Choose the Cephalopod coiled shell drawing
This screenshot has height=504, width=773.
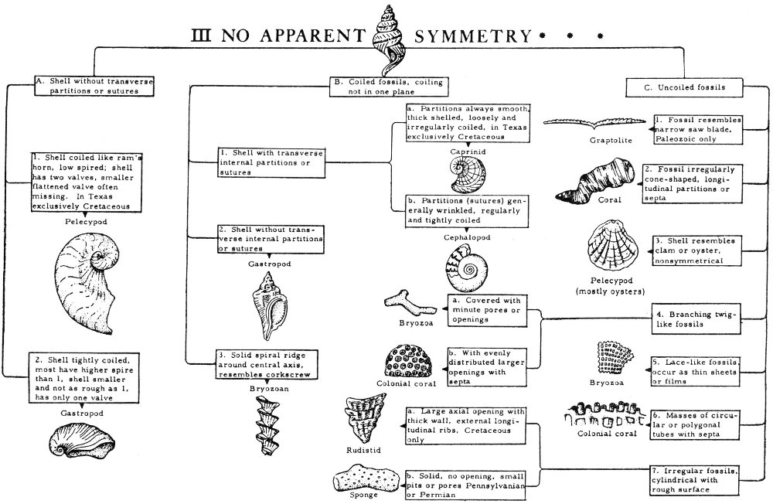468,266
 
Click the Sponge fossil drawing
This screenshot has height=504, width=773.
370,478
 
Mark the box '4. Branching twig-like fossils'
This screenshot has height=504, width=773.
696,320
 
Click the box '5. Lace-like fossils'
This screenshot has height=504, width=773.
696,369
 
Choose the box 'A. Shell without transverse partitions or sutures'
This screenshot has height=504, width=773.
87,85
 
